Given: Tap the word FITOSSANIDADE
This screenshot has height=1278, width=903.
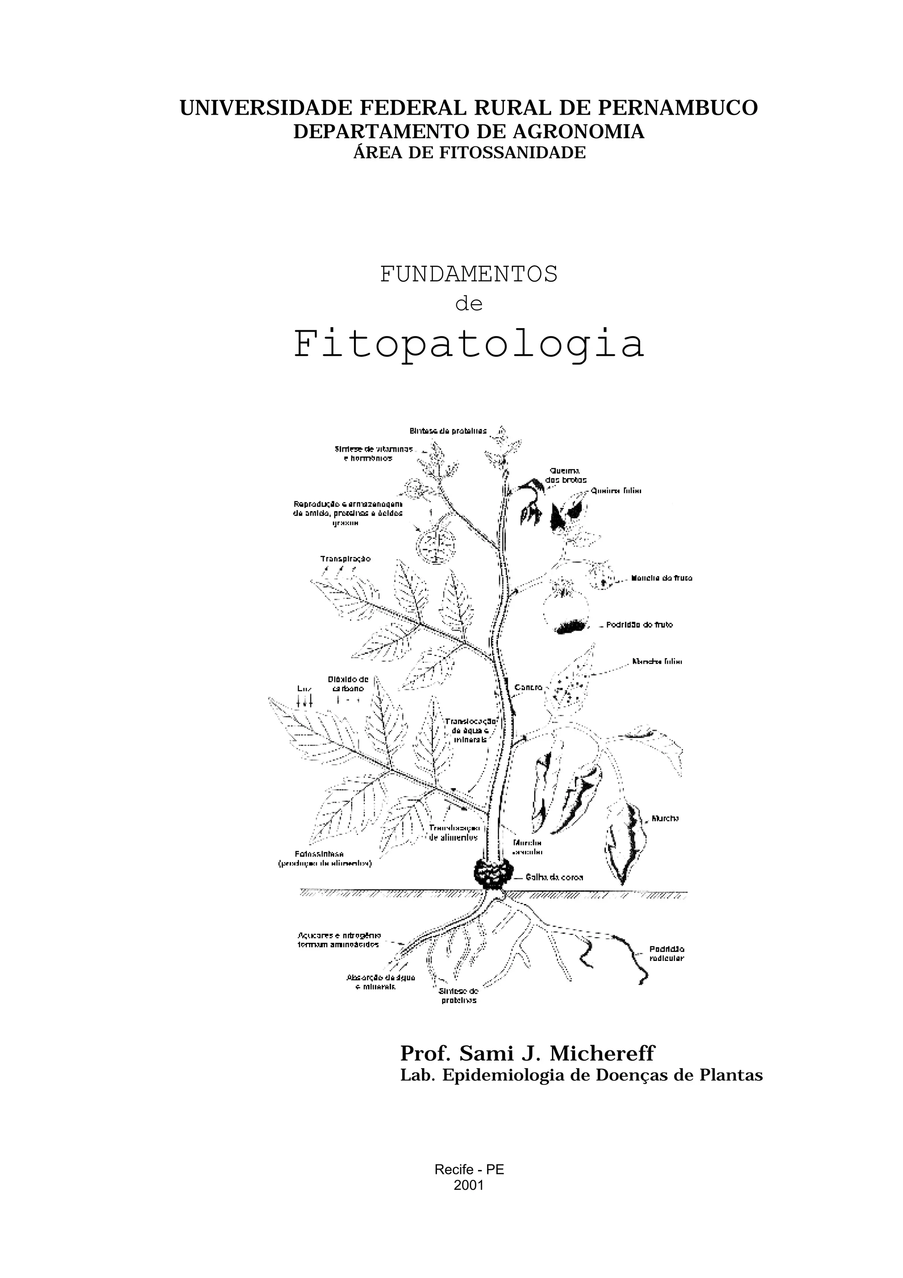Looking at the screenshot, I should pos(512,153).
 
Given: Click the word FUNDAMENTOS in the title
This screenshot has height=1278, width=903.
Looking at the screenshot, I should pos(468,274).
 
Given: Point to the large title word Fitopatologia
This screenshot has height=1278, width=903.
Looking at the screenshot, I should pos(468,345).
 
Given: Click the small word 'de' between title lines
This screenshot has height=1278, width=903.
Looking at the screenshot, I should pos(468,304).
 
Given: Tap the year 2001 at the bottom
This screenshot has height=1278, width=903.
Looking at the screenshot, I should pos(468,1185).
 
